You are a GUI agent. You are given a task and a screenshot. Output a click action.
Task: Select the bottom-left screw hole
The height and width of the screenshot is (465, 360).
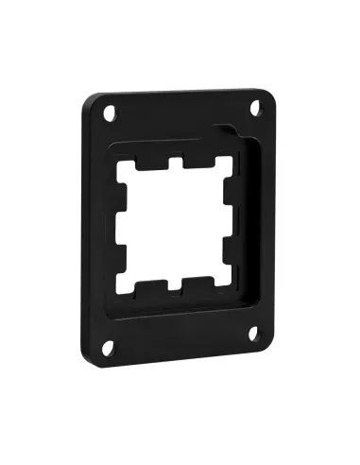(110, 346)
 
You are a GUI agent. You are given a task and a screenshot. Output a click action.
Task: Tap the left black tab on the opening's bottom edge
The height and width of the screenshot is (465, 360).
(149, 286)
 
